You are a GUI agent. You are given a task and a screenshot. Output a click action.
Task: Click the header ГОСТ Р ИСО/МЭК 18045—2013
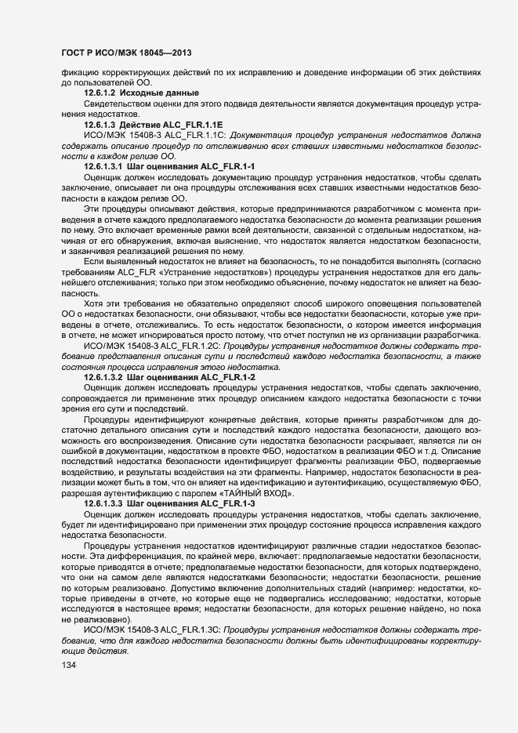tap(125, 53)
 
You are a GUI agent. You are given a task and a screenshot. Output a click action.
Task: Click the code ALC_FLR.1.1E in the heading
tap(193, 125)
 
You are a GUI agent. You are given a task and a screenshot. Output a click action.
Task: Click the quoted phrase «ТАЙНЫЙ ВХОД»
tap(255, 492)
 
